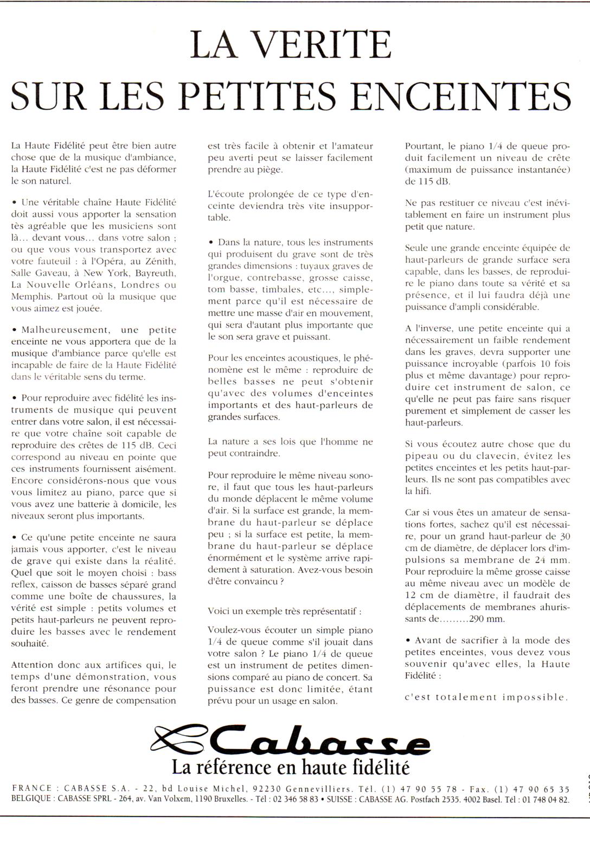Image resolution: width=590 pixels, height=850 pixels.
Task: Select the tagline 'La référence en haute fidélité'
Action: point(291,767)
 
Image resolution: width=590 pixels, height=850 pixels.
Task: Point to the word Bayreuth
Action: point(155,273)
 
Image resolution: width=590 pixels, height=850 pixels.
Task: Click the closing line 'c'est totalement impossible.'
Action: point(486,697)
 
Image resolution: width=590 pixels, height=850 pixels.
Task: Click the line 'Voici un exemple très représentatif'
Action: point(284,611)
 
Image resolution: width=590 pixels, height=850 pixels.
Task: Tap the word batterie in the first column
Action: point(90,504)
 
